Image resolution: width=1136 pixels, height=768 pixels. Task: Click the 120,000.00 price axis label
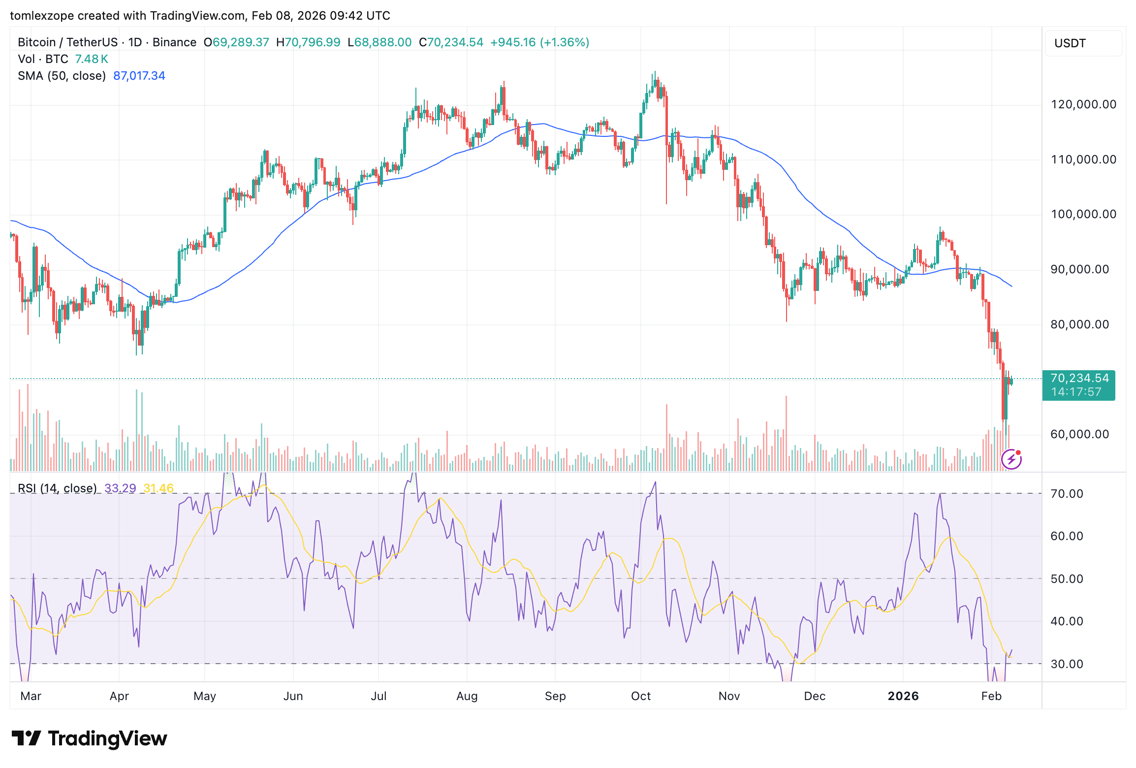point(1083,104)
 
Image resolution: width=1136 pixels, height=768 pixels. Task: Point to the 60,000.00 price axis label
point(1079,434)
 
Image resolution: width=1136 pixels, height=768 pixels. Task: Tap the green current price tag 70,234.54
point(1079,379)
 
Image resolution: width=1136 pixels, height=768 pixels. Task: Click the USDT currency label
point(1070,43)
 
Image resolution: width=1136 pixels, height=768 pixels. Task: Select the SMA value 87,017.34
point(139,76)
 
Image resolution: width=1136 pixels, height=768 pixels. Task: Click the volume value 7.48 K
point(91,59)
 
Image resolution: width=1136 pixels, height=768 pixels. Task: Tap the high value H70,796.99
point(308,42)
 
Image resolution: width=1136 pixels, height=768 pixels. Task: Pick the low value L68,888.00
point(379,42)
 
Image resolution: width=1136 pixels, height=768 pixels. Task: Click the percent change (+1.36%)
point(565,42)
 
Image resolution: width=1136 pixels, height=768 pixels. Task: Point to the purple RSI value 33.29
point(120,488)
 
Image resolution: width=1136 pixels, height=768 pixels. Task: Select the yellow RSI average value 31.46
point(158,488)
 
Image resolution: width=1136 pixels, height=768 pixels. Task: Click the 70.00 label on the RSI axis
point(1067,494)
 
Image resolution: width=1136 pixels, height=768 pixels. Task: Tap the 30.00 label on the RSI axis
point(1067,664)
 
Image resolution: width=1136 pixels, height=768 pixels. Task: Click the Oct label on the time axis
point(640,696)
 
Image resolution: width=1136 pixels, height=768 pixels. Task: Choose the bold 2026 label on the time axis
point(903,696)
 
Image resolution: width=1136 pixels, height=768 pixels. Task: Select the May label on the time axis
point(204,696)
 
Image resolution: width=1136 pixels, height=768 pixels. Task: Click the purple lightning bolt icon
point(1011,460)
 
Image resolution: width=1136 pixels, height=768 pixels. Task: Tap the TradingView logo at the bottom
point(89,738)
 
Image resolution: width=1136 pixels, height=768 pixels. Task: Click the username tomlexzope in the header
point(41,16)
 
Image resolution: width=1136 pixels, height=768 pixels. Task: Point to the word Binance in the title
point(174,42)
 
